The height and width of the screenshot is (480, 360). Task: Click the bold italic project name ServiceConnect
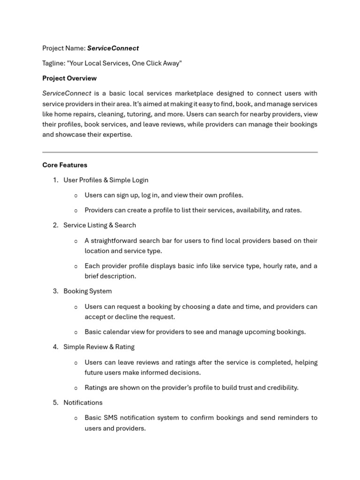(113, 48)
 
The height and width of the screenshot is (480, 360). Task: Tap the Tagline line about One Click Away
(112, 63)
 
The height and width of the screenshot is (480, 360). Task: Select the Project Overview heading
(69, 78)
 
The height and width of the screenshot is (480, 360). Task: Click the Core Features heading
(65, 165)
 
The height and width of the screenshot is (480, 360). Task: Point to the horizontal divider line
(180, 152)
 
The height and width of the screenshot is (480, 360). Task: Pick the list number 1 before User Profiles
(55, 180)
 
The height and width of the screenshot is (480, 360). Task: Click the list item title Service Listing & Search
(99, 225)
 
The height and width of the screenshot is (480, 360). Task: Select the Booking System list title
(88, 291)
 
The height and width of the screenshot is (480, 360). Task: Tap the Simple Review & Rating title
(99, 347)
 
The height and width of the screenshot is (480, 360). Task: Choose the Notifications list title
(83, 403)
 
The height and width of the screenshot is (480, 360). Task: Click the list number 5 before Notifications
(55, 403)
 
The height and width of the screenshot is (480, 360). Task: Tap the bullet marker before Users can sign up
(76, 195)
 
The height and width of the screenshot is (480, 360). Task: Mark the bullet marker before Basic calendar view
(76, 332)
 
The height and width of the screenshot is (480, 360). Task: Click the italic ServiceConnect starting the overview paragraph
(67, 93)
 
